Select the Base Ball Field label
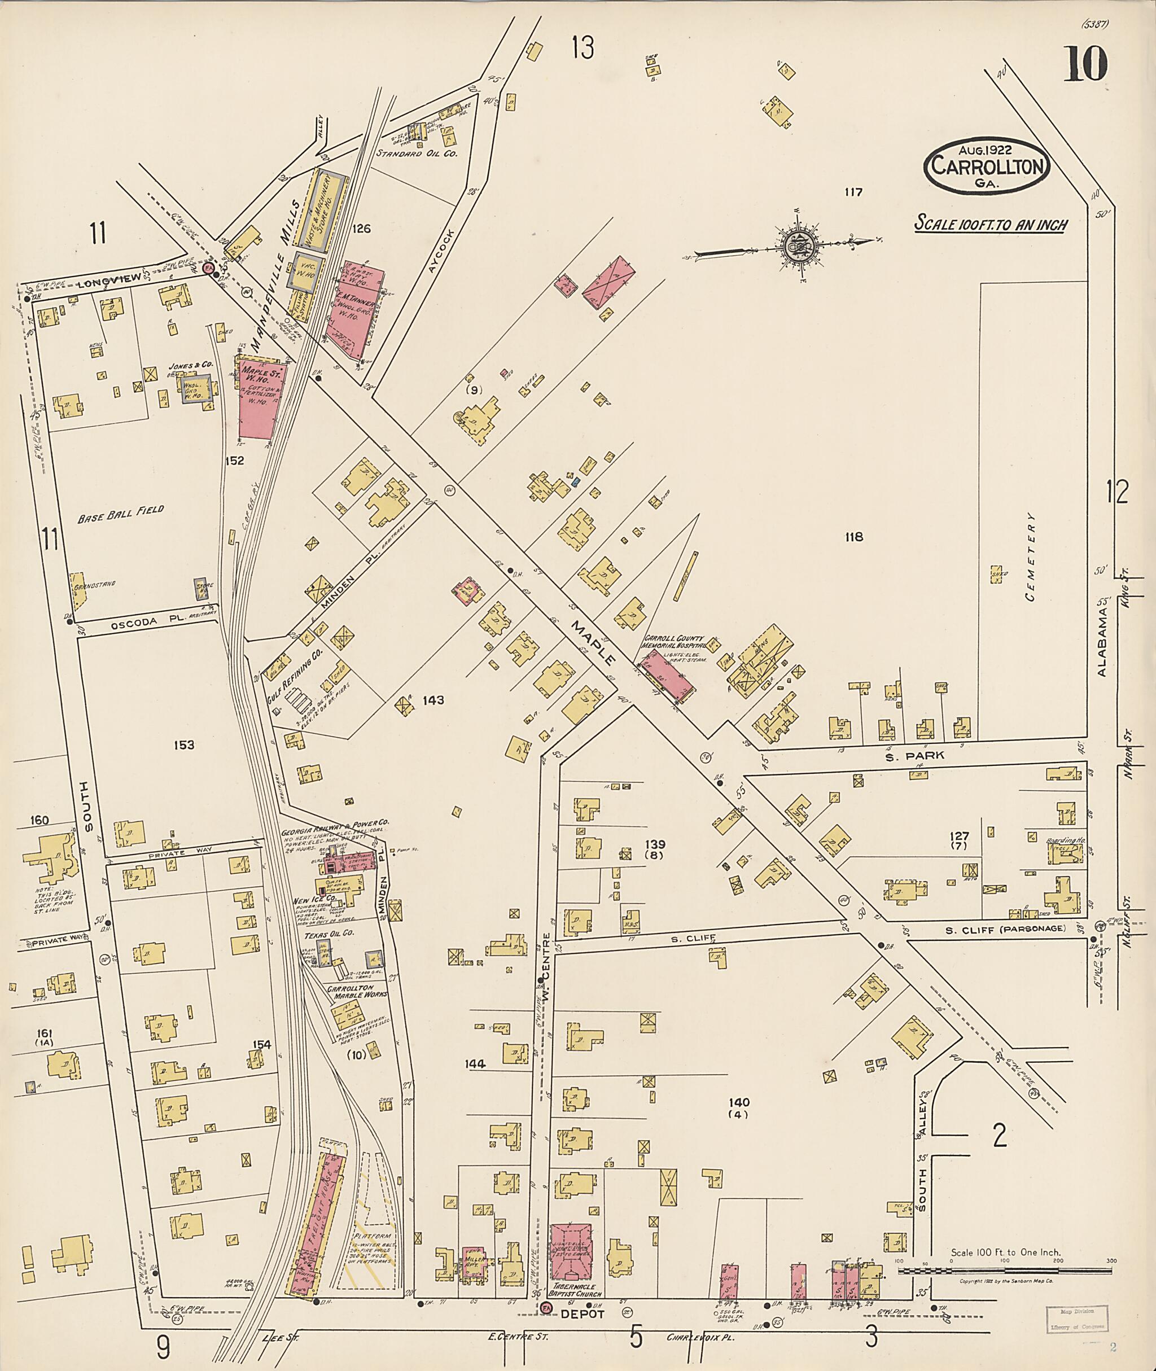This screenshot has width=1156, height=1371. [x=121, y=514]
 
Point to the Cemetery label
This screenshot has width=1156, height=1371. [x=1031, y=557]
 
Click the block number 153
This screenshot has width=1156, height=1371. [x=184, y=745]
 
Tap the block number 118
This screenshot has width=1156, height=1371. [x=854, y=537]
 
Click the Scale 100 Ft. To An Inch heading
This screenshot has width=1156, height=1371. [x=991, y=224]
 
